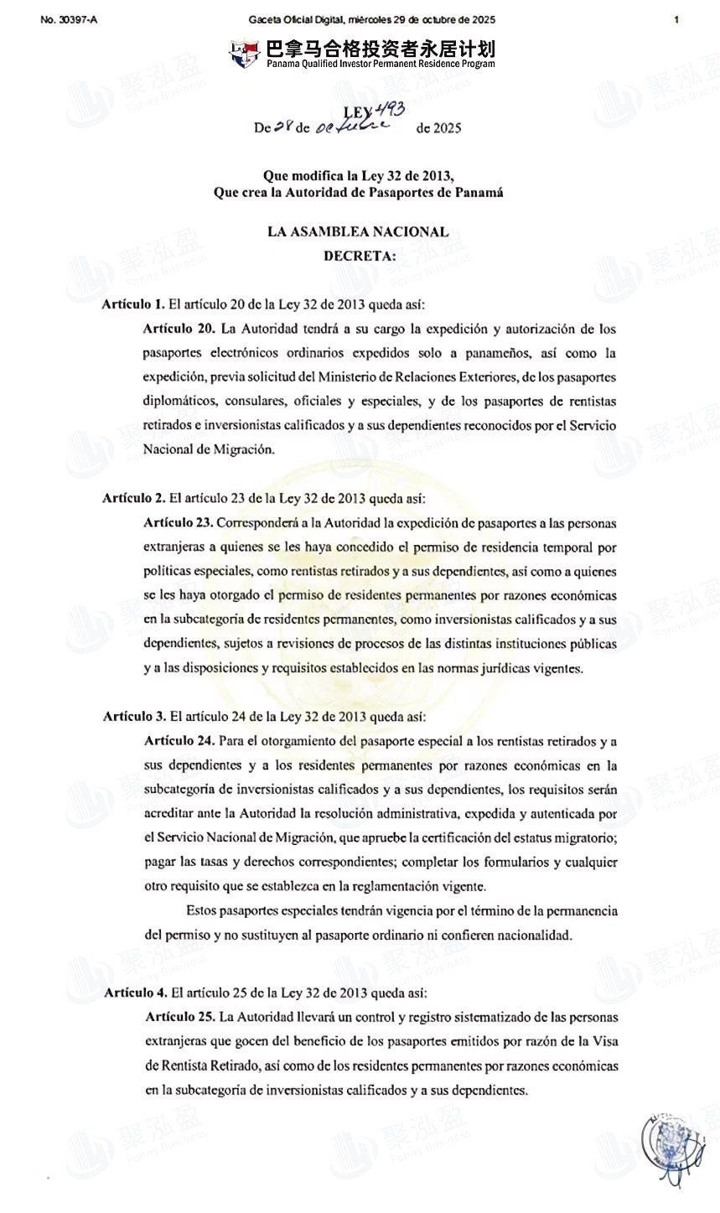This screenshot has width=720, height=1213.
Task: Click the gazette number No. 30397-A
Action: point(68,19)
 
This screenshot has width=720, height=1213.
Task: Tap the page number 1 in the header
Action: point(676,19)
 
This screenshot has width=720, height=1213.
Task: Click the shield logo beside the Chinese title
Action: point(244,54)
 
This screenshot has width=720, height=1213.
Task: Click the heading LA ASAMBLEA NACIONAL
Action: point(358,232)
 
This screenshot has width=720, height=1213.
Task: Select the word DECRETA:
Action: point(360,256)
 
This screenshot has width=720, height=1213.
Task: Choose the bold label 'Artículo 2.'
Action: point(133,498)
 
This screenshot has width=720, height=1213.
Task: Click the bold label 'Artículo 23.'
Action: point(179,523)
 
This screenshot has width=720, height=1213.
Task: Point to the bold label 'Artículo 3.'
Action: point(134,717)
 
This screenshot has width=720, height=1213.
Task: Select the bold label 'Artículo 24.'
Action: point(179,741)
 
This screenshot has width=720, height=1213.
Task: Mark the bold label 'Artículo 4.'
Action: point(135,993)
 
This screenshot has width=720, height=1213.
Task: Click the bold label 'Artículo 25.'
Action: point(180,1017)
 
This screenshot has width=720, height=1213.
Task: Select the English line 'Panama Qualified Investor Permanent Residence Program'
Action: point(381,64)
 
